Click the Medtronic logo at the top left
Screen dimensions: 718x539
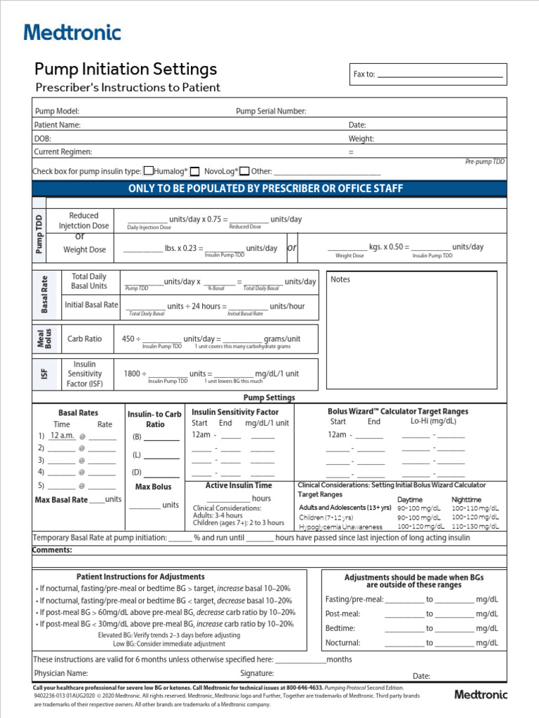point(72,32)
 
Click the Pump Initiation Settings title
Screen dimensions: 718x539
point(126,69)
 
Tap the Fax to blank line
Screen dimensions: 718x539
point(440,74)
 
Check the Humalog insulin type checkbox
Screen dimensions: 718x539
point(148,170)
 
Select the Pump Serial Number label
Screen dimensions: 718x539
point(271,111)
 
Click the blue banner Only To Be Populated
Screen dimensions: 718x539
point(265,189)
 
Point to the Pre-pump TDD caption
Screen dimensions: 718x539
point(484,161)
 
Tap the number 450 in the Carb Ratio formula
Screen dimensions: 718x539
point(128,339)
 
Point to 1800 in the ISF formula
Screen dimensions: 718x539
point(131,374)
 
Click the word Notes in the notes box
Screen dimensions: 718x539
point(340,279)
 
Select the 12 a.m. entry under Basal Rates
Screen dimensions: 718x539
point(62,435)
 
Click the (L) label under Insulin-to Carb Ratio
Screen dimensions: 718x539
point(137,454)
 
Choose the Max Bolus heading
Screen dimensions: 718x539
point(153,487)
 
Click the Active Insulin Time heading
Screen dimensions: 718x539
point(238,485)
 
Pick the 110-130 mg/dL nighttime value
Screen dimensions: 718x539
point(475,527)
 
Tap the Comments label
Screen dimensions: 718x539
point(53,550)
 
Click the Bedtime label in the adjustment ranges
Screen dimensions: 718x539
point(340,628)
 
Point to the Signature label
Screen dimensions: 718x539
point(257,673)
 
